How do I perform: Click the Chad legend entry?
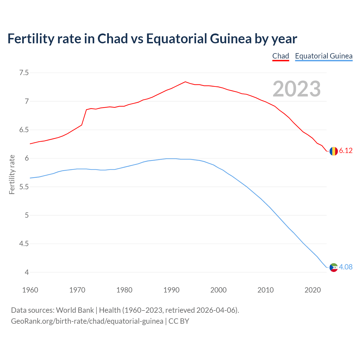(281, 56)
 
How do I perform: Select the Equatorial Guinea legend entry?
(324, 56)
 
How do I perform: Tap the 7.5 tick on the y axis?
(24, 73)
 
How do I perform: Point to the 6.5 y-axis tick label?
(24, 130)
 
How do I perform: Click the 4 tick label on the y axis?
(27, 272)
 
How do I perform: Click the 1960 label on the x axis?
(30, 290)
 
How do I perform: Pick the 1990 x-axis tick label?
(171, 290)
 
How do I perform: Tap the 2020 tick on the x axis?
(312, 290)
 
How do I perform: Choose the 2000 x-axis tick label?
(218, 290)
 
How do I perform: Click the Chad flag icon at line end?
(334, 151)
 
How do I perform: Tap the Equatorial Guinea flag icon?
(334, 267)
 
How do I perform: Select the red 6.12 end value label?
(346, 151)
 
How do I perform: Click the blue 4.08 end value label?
(346, 267)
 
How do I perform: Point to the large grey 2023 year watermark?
(296, 89)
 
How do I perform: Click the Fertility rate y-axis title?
(12, 174)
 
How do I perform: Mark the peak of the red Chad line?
(185, 82)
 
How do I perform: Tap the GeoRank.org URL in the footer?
(87, 321)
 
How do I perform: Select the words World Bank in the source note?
(75, 310)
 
